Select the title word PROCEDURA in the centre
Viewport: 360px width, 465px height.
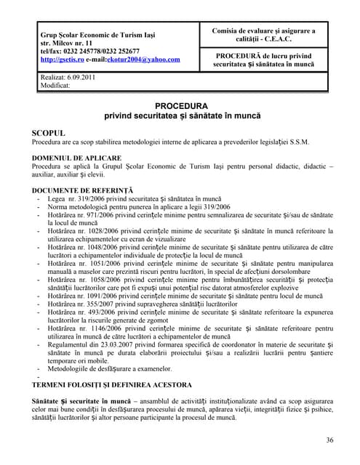tap(181, 105)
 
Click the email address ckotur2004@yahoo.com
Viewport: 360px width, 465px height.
tap(146, 60)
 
